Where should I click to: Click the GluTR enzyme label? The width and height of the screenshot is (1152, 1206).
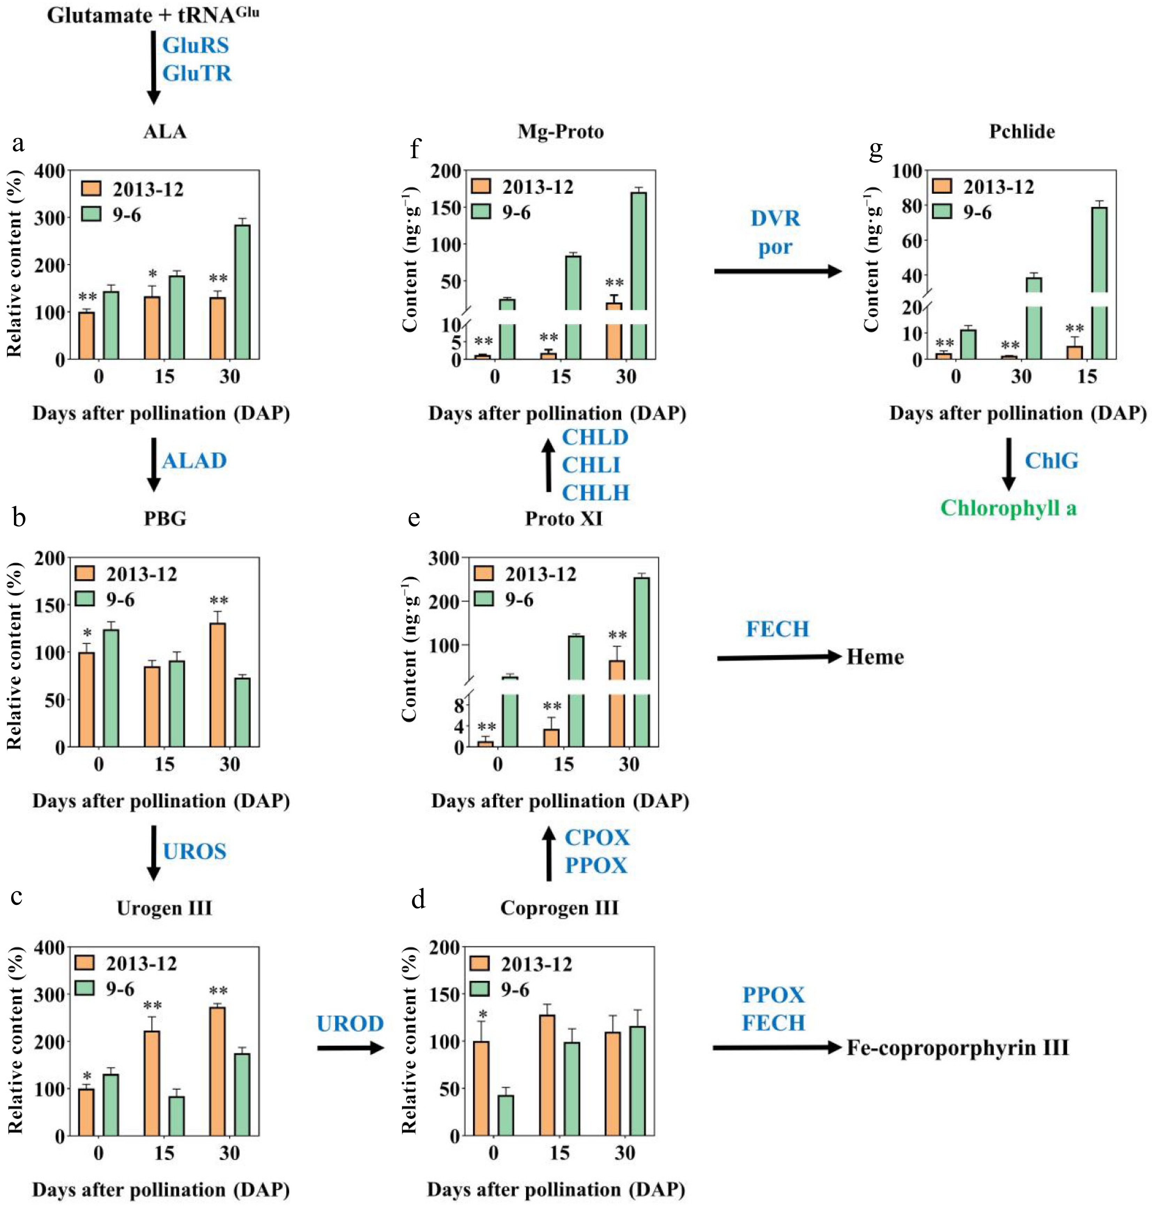tap(196, 73)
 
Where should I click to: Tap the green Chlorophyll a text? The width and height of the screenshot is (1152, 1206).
tap(1008, 508)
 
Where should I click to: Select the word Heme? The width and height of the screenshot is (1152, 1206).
tap(875, 657)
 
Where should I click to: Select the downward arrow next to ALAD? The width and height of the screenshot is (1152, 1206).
tap(154, 464)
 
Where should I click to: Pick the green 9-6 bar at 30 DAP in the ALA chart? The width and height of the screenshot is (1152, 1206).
tap(242, 292)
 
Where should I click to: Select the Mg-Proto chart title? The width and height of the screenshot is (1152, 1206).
tap(560, 131)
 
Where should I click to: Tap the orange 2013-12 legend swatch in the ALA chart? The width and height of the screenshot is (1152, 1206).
tap(92, 189)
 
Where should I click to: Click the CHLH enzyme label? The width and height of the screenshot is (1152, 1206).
tap(595, 493)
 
